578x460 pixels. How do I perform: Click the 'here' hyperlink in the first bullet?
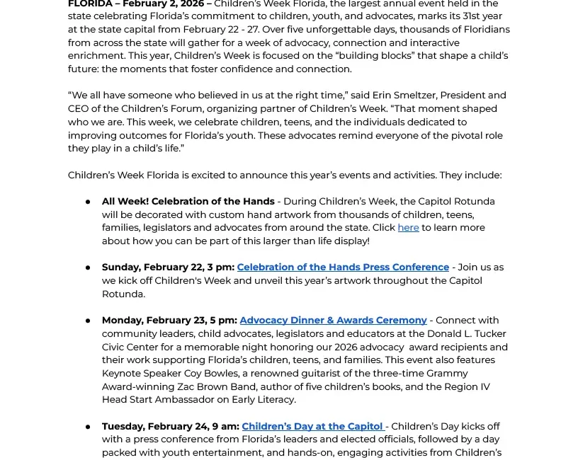pos(408,227)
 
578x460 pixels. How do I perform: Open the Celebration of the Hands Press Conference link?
pos(343,267)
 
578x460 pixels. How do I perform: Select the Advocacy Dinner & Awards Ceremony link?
pos(333,320)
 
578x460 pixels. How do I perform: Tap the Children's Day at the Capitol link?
pos(312,426)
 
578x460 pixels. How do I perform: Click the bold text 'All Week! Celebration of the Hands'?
pos(188,201)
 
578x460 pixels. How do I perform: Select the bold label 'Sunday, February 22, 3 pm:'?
pos(168,267)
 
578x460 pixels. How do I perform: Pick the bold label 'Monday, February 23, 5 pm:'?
pos(169,320)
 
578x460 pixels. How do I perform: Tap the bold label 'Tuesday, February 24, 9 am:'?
pos(170,426)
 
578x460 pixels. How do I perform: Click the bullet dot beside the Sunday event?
pos(88,268)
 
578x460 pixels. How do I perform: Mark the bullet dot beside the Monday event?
pos(88,321)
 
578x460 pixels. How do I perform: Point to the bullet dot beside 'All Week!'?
pos(88,202)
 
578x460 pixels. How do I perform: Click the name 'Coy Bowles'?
pos(220,373)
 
